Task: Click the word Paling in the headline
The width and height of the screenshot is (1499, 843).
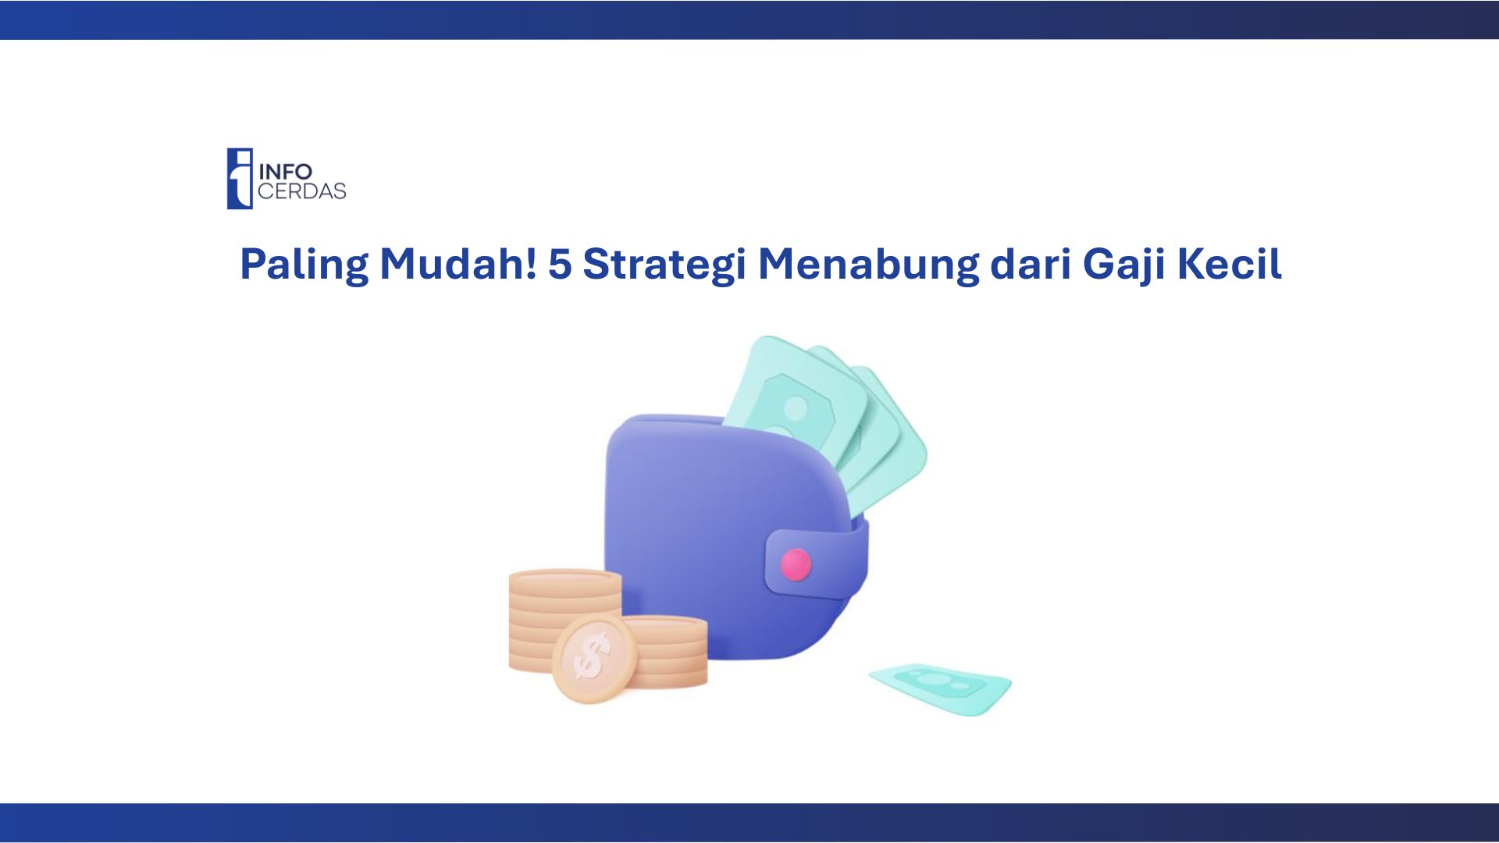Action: (304, 265)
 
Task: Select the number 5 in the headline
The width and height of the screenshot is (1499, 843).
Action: (560, 265)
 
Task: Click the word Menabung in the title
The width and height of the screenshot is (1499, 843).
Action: (868, 265)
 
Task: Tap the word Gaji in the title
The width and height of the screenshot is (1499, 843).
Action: (1123, 265)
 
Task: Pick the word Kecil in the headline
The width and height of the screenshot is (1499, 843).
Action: (1229, 264)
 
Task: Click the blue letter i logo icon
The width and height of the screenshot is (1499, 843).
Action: (240, 179)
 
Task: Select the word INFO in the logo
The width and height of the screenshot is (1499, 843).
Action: (285, 171)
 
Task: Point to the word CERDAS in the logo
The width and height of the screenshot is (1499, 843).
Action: (302, 191)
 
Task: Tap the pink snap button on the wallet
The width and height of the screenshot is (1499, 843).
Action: (796, 564)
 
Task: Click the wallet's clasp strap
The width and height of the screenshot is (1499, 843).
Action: (817, 562)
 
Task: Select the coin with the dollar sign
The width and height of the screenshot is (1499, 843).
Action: (595, 658)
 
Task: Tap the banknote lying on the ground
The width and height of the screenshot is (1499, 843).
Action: (941, 688)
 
